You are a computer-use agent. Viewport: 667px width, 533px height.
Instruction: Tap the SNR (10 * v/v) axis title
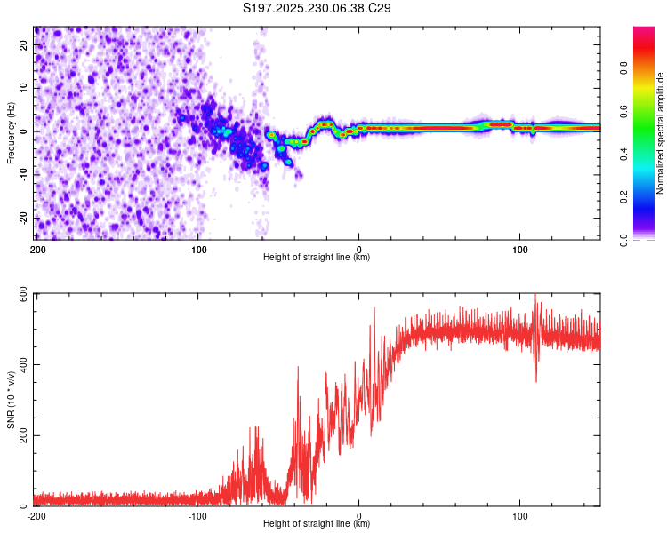[x=11, y=400]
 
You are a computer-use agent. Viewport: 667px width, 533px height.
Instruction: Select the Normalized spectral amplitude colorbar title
[x=660, y=133]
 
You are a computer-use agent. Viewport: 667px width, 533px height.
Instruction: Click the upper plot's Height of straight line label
[x=317, y=257]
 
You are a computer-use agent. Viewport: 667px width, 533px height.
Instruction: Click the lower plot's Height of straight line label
[x=317, y=523]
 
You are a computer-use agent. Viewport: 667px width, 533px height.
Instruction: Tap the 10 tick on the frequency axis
[x=24, y=88]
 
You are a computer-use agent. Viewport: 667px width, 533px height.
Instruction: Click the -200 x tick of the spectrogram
[x=36, y=248]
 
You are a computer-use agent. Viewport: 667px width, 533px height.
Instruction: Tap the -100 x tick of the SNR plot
[x=197, y=514]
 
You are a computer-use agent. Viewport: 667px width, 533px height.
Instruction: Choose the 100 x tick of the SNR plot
[x=520, y=514]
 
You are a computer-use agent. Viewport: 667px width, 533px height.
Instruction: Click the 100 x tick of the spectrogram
[x=520, y=248]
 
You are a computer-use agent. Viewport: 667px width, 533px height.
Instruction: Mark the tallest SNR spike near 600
[x=535, y=297]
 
